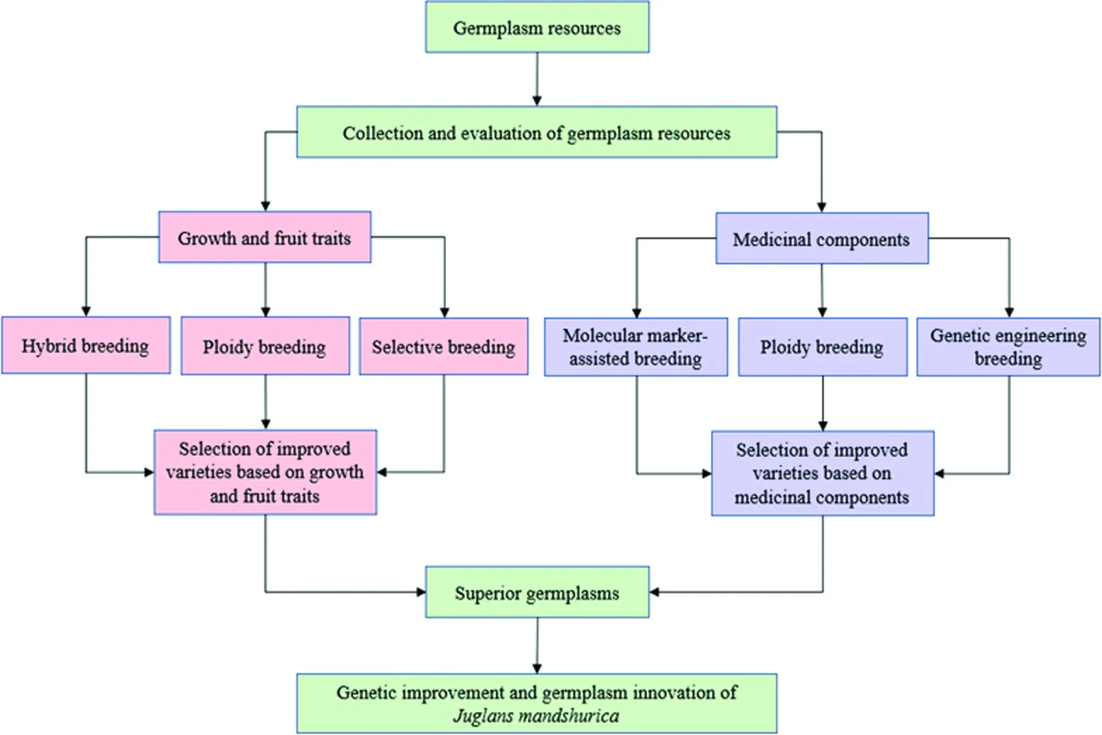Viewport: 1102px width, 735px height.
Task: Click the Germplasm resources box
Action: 537,27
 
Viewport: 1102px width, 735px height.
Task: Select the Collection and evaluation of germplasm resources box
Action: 537,132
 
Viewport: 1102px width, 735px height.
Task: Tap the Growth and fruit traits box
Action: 265,237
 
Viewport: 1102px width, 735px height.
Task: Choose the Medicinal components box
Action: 822,238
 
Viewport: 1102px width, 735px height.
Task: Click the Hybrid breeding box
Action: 86,345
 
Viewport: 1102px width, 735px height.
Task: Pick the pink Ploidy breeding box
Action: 265,346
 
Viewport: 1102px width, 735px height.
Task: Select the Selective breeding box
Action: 444,346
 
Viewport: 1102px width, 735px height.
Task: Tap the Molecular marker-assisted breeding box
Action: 636,347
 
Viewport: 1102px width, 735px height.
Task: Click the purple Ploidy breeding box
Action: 823,347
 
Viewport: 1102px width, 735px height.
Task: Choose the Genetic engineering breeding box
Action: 1009,347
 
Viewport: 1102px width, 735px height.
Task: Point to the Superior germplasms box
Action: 537,592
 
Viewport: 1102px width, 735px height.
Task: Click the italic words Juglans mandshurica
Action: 536,716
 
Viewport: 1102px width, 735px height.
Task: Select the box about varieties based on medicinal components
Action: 823,473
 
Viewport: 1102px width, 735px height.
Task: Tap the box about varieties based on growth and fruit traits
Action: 265,472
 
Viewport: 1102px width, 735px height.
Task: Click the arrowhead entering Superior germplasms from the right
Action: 654,592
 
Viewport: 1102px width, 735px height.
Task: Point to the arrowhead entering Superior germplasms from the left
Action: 421,592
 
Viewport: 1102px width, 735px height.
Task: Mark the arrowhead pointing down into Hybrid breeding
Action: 86,312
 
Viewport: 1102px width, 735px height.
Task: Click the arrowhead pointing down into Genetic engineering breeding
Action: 1009,312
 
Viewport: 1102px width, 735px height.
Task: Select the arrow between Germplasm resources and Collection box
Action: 537,80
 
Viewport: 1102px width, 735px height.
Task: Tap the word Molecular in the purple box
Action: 598,336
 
